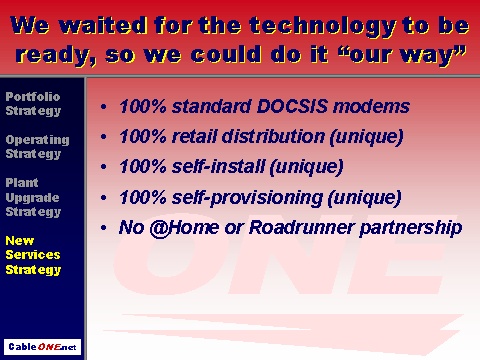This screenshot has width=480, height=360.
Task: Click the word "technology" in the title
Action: [323, 26]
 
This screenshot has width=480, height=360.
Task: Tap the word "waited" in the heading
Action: [103, 25]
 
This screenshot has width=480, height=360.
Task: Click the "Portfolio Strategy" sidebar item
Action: [33, 104]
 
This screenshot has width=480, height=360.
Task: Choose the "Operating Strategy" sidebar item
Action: [37, 147]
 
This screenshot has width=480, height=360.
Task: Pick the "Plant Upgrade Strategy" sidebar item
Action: [33, 197]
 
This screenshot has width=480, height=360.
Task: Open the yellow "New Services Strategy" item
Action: [33, 255]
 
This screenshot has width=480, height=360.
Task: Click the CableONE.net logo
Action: [42, 347]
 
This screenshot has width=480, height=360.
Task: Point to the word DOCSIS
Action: [292, 107]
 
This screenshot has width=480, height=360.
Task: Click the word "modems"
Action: [371, 107]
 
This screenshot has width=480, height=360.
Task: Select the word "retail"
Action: [194, 137]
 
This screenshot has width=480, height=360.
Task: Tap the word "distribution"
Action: [273, 137]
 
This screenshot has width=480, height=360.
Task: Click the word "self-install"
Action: [218, 167]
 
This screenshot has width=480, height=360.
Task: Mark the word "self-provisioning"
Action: [247, 198]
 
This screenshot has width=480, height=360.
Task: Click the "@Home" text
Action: [184, 228]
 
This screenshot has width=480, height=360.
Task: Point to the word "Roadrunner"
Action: [301, 228]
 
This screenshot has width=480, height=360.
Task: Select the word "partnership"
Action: [411, 229]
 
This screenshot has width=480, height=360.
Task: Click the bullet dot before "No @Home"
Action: [104, 228]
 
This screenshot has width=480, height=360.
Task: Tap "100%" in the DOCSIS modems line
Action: [143, 107]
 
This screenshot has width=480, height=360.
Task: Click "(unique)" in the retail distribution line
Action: [366, 137]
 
